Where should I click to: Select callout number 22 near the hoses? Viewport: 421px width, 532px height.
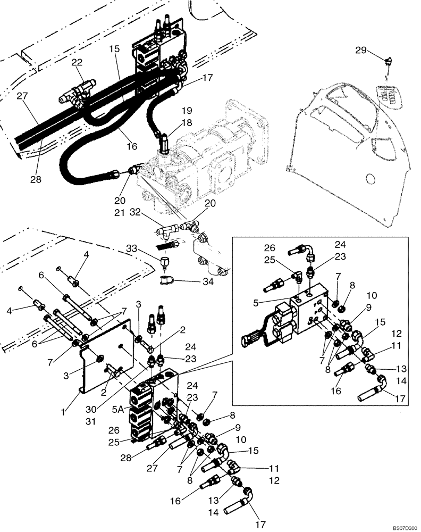[77, 63]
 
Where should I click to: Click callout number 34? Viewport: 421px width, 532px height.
[208, 282]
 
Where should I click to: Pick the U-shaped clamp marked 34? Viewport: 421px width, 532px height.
[166, 280]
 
